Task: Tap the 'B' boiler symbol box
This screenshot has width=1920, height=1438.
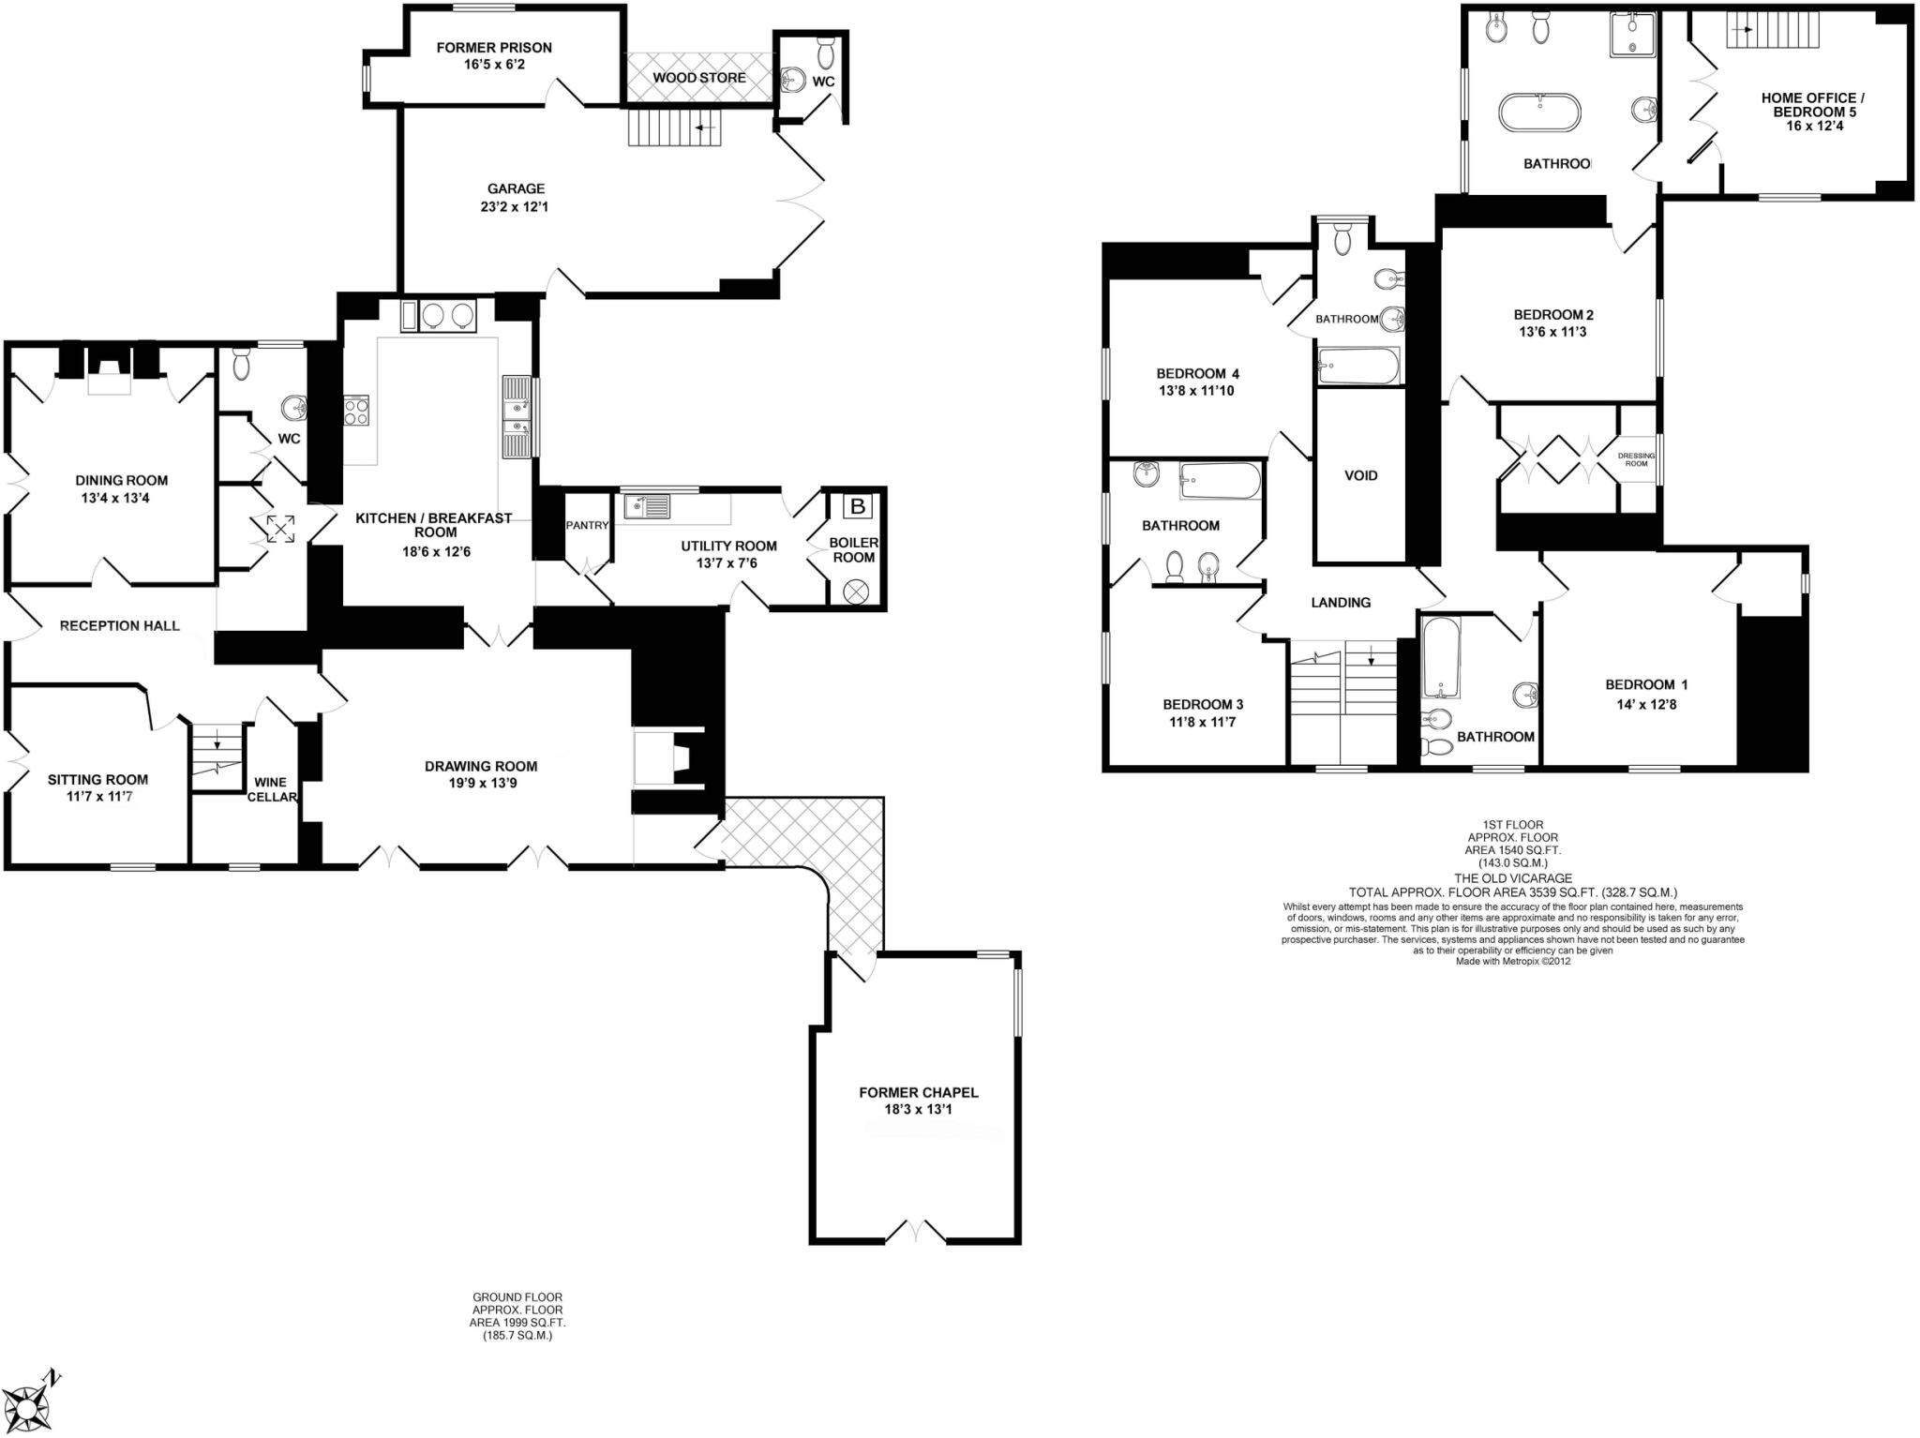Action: (856, 507)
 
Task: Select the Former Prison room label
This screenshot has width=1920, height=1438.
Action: (494, 48)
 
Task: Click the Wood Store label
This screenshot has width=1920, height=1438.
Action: (699, 78)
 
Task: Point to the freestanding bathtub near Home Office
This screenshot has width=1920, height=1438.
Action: (1539, 113)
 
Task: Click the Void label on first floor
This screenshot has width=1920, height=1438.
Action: (1360, 475)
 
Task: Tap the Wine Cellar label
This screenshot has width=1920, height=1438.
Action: (271, 789)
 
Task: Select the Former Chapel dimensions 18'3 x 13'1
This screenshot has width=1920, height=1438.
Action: (918, 1109)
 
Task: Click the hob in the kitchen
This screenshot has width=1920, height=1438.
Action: (356, 411)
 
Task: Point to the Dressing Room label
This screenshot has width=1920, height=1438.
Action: (1636, 459)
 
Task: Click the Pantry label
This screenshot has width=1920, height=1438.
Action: (588, 525)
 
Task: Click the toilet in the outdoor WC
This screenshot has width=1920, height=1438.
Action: (825, 46)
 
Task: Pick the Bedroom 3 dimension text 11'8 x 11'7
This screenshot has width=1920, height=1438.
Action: (1203, 722)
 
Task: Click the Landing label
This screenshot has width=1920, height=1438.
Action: (1341, 603)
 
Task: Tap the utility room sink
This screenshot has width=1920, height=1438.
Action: (647, 506)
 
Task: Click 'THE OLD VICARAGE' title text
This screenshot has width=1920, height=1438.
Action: (1512, 878)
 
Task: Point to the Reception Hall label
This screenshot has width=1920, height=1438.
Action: (119, 625)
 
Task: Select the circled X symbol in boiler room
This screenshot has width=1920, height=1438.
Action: (856, 592)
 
